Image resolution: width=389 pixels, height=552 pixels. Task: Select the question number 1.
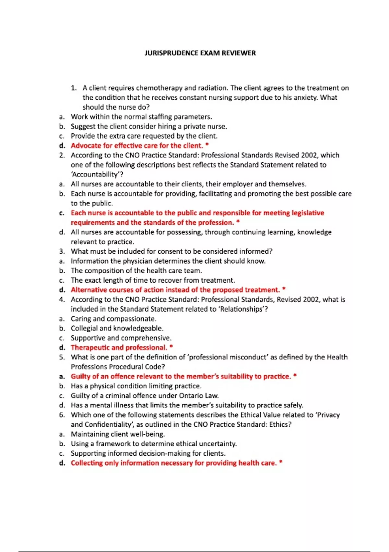pyautogui.click(x=74, y=88)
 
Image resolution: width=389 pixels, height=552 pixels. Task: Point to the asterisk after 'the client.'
pyautogui.click(x=207, y=145)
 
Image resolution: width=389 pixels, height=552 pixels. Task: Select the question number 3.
pyautogui.click(x=62, y=252)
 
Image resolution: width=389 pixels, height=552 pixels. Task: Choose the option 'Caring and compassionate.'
pyautogui.click(x=113, y=319)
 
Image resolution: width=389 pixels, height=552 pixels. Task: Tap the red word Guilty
pyautogui.click(x=80, y=377)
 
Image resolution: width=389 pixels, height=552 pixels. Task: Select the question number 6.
pyautogui.click(x=62, y=415)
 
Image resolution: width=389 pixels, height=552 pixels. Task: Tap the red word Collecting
pyautogui.click(x=87, y=463)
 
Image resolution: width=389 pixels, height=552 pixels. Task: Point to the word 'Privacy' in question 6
pyautogui.click(x=328, y=415)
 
